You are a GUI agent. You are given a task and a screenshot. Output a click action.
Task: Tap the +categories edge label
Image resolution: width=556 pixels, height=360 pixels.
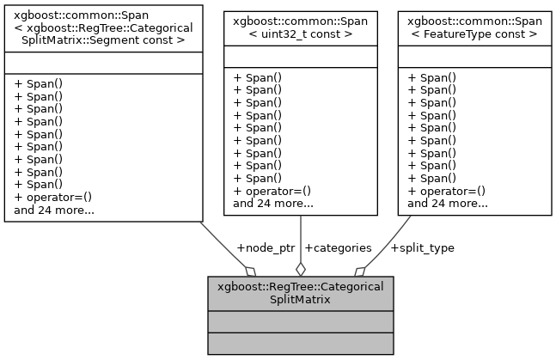point(339,247)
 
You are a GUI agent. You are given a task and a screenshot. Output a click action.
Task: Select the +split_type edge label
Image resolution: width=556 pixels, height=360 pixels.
point(422,247)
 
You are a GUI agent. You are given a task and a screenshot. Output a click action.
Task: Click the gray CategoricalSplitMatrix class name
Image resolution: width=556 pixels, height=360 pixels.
point(301,292)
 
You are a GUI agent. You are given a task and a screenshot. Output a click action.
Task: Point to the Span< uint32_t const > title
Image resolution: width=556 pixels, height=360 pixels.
point(300,25)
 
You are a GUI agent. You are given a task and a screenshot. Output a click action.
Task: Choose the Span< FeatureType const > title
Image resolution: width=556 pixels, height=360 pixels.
point(474,25)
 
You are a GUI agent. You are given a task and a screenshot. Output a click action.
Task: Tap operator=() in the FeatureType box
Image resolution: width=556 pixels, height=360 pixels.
point(446,191)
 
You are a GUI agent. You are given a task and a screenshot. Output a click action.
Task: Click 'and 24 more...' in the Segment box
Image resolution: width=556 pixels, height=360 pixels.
point(54,209)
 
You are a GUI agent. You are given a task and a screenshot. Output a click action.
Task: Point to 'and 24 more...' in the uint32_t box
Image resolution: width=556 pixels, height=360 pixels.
point(272,204)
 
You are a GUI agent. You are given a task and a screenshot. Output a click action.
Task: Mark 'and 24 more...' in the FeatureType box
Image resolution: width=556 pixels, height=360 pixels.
point(448,204)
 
